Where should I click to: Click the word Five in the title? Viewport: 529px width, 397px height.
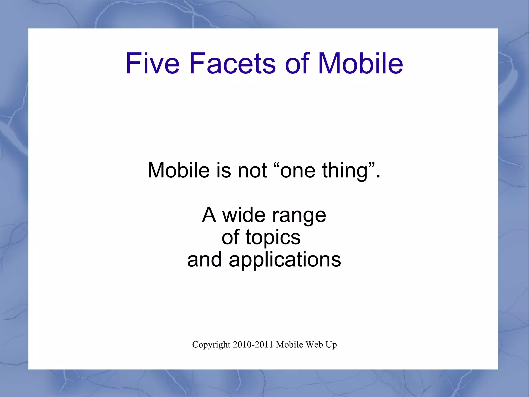tap(152, 64)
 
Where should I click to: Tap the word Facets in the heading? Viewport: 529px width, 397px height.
tap(232, 64)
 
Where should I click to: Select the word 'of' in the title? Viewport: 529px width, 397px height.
tap(297, 64)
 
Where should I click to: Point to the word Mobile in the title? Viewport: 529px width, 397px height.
tap(360, 64)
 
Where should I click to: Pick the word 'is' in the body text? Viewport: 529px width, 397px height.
tap(224, 170)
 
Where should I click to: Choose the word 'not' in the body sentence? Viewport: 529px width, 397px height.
tap(252, 170)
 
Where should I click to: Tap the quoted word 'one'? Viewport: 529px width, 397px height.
tap(297, 170)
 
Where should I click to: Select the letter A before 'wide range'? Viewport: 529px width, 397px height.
tap(209, 215)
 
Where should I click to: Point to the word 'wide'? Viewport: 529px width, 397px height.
tap(244, 215)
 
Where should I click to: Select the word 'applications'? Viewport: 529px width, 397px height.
tap(285, 260)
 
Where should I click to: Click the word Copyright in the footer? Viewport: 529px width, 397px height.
tap(211, 345)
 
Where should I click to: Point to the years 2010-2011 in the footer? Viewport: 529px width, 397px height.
tap(253, 345)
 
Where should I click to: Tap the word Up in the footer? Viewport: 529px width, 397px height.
tap(331, 345)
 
